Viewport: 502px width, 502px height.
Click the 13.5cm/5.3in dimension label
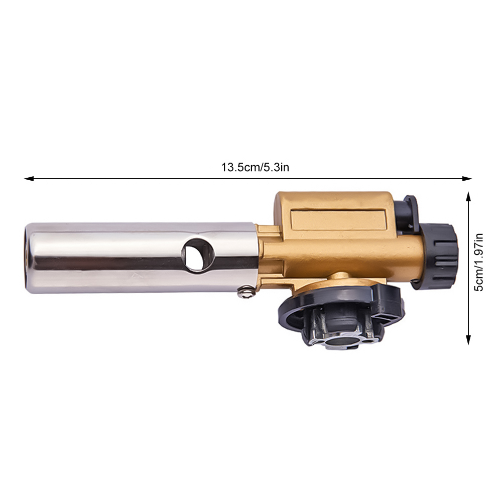point(255,167)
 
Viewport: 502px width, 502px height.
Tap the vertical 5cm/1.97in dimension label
point(479,262)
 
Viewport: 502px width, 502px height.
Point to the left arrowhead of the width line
point(29,179)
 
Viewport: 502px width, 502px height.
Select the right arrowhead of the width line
point(467,179)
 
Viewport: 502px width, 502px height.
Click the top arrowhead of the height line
point(468,196)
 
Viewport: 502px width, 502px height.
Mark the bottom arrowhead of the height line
point(468,340)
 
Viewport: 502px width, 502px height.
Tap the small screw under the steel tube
point(246,292)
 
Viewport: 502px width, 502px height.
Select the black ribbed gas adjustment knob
point(438,256)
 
